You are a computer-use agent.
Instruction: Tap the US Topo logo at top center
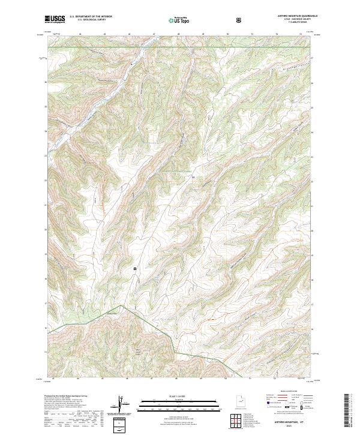click(x=179, y=20)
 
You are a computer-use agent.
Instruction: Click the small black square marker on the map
click(x=135, y=268)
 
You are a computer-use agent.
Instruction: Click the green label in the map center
click(x=180, y=170)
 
